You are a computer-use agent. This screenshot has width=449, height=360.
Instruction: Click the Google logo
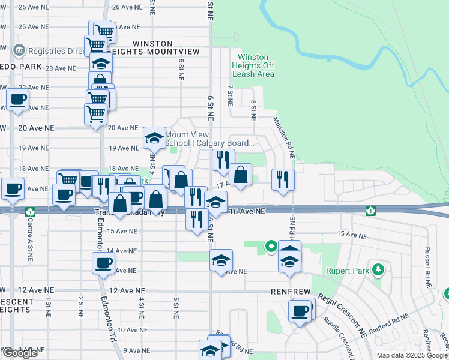pos(19,353)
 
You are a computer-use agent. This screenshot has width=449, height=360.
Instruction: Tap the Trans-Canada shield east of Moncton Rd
pos(371,211)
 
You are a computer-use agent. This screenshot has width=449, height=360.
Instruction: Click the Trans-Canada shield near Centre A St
pos(30,212)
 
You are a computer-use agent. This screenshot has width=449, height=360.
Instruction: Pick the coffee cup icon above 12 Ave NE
pos(103,263)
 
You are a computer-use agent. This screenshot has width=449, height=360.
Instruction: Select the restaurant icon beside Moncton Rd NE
pos(282,179)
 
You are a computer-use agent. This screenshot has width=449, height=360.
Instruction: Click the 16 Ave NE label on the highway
pos(247,211)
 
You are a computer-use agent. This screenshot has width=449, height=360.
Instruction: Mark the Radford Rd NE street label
pos(390,320)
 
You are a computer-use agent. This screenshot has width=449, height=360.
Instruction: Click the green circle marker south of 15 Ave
pos(270,245)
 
